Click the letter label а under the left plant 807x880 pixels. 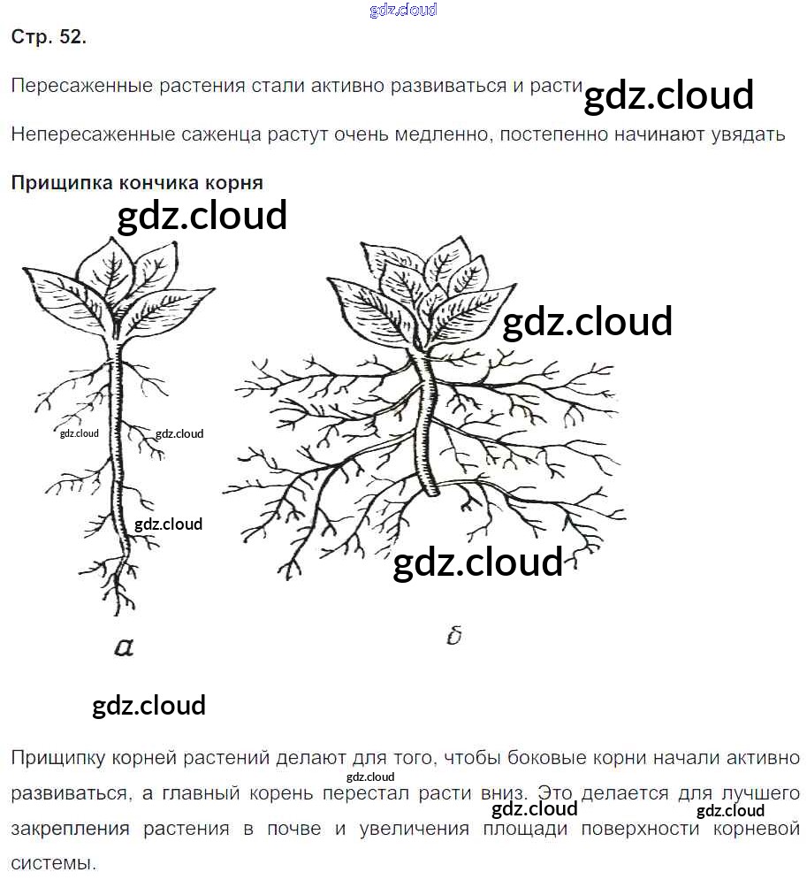click(x=124, y=647)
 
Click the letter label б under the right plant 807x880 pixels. click(x=454, y=635)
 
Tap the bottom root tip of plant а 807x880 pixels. click(x=125, y=610)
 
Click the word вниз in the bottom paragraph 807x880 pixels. click(x=499, y=792)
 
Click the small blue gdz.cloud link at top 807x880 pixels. click(x=403, y=11)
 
